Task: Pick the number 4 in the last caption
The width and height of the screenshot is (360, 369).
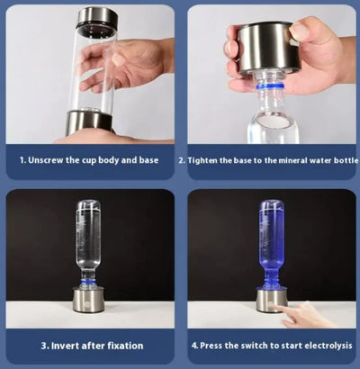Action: coord(194,345)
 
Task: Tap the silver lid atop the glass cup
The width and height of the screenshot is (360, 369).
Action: coord(97,17)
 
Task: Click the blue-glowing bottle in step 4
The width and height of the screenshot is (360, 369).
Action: coord(272,238)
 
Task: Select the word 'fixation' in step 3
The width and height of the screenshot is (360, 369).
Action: coord(120,345)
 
